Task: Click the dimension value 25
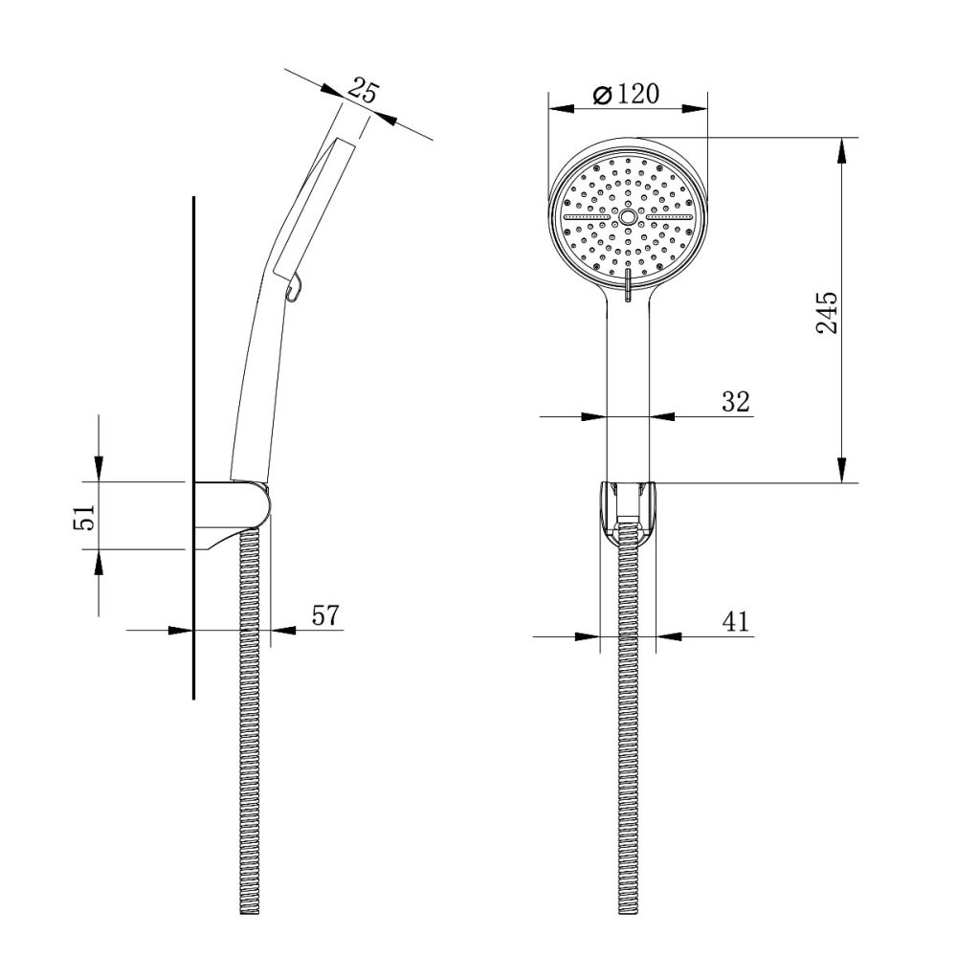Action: tap(364, 92)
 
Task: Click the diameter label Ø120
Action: tap(627, 95)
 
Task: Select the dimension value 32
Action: tap(735, 402)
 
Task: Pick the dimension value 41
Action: tap(735, 622)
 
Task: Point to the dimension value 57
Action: tap(325, 615)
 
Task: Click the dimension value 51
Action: tap(85, 517)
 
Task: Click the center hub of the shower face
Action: tap(628, 217)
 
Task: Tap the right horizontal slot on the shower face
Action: tap(667, 217)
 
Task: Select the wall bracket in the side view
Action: tap(234, 512)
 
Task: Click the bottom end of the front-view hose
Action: tap(628, 909)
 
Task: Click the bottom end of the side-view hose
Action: tap(248, 909)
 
